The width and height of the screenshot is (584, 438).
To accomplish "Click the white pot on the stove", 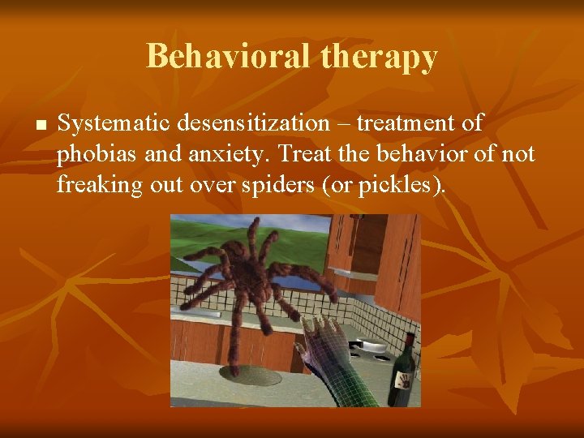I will (x=372, y=347).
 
